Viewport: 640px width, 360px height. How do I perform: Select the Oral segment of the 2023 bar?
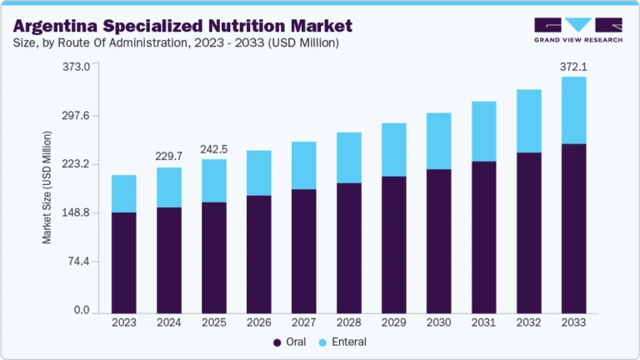pos(124,262)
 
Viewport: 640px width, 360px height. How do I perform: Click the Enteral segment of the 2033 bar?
pos(574,110)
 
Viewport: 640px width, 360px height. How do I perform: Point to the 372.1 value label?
pos(574,65)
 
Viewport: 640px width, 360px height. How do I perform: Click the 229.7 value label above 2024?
pos(169,156)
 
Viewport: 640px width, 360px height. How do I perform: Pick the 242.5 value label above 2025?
pos(214,149)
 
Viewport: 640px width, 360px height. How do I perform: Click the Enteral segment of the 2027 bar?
pos(304,165)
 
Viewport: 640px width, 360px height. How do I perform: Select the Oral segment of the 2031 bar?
pos(484,237)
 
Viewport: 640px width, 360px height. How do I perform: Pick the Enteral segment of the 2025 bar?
pos(214,180)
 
